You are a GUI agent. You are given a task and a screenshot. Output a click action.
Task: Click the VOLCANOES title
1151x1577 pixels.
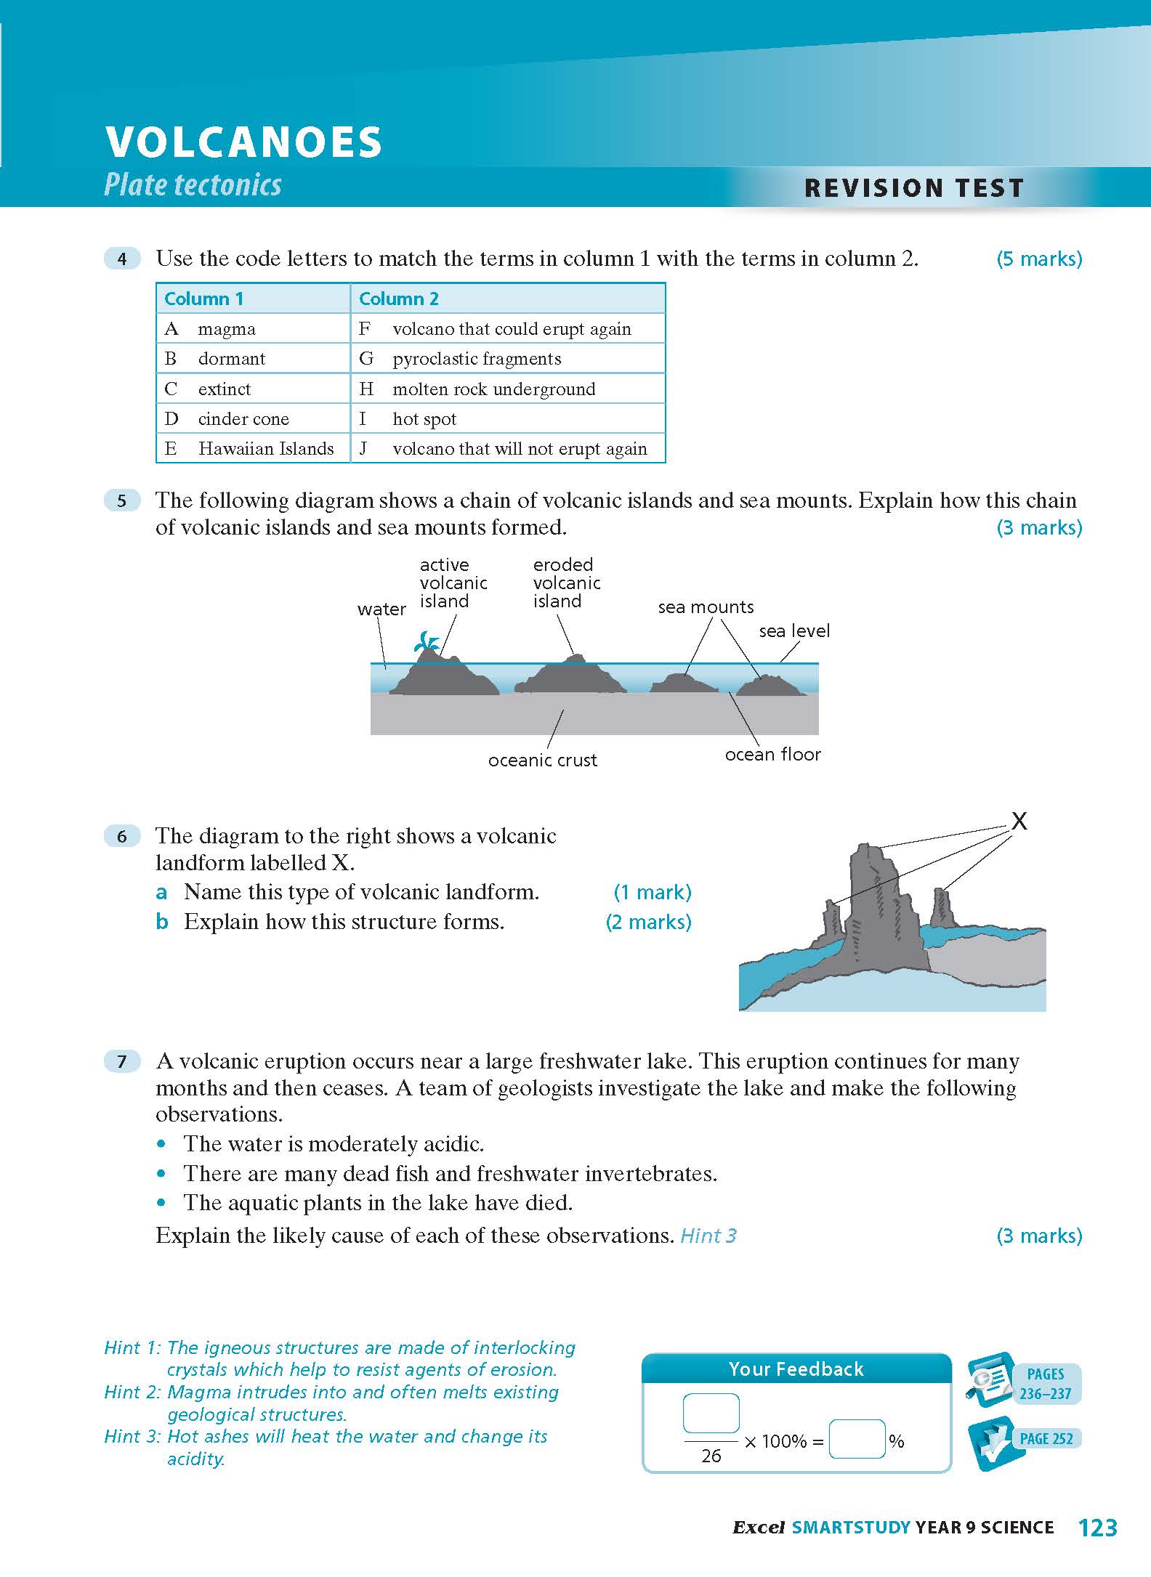pyautogui.click(x=243, y=142)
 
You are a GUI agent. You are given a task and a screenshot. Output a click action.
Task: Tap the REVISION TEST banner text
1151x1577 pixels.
pyautogui.click(x=913, y=188)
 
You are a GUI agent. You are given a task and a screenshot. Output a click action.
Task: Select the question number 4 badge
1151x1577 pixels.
pyautogui.click(x=122, y=259)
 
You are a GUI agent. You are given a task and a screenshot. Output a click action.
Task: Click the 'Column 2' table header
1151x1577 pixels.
pyautogui.click(x=399, y=299)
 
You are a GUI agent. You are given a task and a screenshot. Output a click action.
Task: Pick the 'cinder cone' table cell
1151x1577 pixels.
pyautogui.click(x=243, y=419)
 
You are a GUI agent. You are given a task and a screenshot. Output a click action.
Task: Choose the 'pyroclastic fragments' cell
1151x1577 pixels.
pyautogui.click(x=477, y=359)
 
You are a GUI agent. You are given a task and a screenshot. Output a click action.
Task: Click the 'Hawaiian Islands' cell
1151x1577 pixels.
pyautogui.click(x=266, y=449)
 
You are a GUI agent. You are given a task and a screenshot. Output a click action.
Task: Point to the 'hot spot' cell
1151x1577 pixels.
pyautogui.click(x=424, y=419)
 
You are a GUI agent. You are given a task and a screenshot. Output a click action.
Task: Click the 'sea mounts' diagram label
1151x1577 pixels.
pyautogui.click(x=706, y=607)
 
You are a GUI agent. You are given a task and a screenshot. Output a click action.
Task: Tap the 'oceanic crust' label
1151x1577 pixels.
pyautogui.click(x=542, y=761)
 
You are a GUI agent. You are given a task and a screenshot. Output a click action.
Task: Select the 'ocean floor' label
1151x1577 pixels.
pyautogui.click(x=772, y=755)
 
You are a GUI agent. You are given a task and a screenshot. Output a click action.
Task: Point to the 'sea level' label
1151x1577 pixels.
pyautogui.click(x=794, y=631)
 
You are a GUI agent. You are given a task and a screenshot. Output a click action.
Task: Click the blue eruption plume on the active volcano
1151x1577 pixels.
pyautogui.click(x=427, y=641)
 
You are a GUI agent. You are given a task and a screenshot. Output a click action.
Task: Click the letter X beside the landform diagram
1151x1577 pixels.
pyautogui.click(x=1019, y=822)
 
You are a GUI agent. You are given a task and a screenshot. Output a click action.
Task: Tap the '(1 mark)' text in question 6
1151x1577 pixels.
pyautogui.click(x=653, y=892)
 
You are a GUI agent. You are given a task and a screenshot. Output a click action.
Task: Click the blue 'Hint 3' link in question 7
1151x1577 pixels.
pyautogui.click(x=708, y=1236)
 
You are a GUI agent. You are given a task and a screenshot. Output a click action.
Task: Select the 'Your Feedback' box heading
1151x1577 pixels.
pyautogui.click(x=796, y=1369)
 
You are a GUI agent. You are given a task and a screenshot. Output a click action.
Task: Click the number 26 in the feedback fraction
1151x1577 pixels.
pyautogui.click(x=711, y=1456)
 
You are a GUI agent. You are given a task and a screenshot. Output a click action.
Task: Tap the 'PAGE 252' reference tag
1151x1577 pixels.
pyautogui.click(x=1046, y=1439)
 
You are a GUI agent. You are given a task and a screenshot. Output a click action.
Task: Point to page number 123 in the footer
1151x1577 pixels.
pyautogui.click(x=1098, y=1528)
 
